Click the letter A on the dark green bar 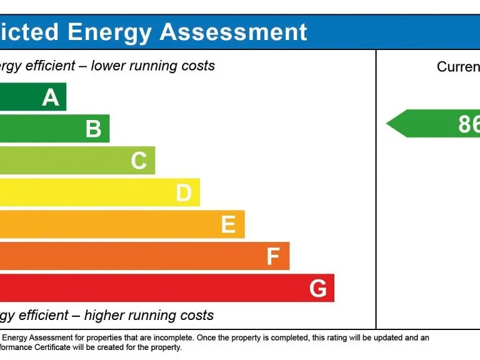coord(51,97)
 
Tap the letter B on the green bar coord(93,129)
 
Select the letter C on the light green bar coord(139,161)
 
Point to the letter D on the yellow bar coord(183,193)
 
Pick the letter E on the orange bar coord(228,225)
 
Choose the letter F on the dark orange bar coord(272,257)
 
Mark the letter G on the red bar coord(317,289)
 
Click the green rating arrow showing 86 coord(437,124)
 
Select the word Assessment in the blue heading coord(234,32)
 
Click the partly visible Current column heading coord(458,67)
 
